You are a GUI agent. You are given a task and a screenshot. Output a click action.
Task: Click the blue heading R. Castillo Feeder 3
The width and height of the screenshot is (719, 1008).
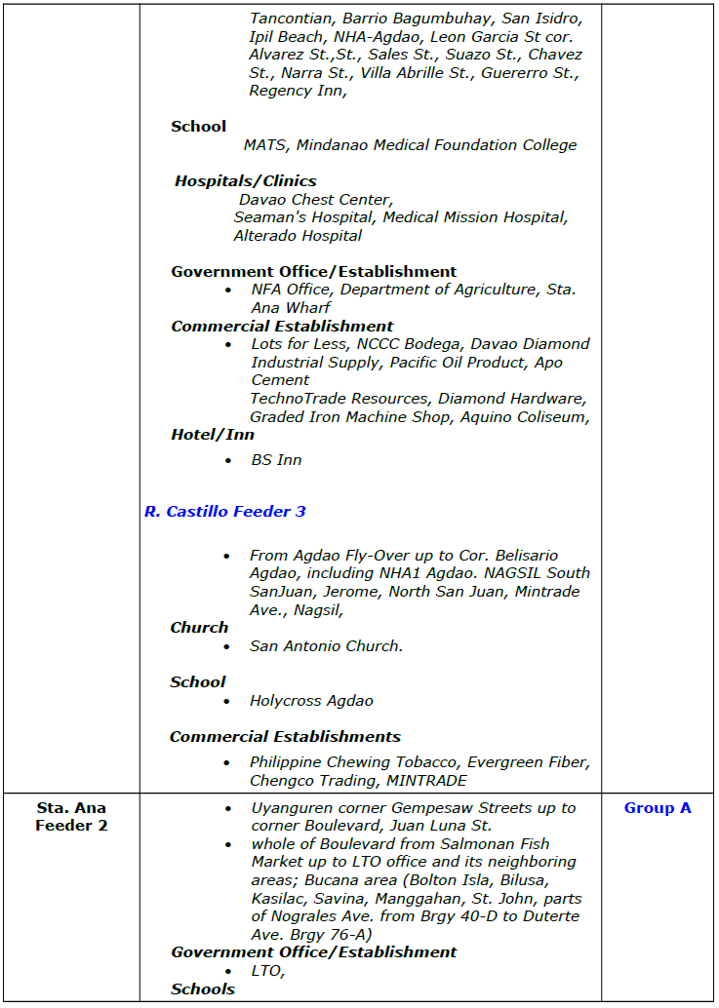[x=224, y=511]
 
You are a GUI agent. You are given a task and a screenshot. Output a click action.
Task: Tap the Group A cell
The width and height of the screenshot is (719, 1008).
[x=658, y=808]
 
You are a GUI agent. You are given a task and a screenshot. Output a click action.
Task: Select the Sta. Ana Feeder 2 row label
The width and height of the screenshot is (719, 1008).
[x=71, y=817]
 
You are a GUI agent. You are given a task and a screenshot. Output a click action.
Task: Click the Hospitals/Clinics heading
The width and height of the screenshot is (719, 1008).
[x=246, y=180]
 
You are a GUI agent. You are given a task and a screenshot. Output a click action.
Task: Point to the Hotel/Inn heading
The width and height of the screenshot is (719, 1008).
[x=213, y=435]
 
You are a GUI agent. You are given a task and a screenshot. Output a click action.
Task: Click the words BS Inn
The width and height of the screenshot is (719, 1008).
[x=277, y=460]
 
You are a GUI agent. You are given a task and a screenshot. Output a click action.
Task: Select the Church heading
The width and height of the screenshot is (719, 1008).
[x=199, y=628]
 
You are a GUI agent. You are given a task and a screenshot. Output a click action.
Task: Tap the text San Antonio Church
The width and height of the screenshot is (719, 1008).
[x=326, y=646]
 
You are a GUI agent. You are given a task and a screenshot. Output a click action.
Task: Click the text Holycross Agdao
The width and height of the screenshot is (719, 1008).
[x=311, y=701]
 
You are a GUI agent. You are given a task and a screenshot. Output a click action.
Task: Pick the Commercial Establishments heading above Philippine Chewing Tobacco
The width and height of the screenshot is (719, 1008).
[x=285, y=737]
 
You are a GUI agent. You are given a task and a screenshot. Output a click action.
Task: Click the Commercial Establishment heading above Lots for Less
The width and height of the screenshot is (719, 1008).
[x=282, y=327]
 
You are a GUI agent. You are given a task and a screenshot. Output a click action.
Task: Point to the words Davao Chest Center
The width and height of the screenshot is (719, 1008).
[x=315, y=200]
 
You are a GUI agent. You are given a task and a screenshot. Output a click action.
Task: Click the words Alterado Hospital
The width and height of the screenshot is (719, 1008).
[x=298, y=236]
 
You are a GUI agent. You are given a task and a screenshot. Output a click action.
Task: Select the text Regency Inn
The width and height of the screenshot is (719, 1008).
[x=297, y=92]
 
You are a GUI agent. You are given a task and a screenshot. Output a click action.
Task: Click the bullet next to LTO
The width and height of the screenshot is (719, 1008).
[x=227, y=972]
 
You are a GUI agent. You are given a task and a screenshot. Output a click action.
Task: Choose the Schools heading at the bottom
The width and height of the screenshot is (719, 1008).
[x=203, y=989]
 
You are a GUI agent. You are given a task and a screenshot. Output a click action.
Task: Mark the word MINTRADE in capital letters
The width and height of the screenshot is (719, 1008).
[x=425, y=781]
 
